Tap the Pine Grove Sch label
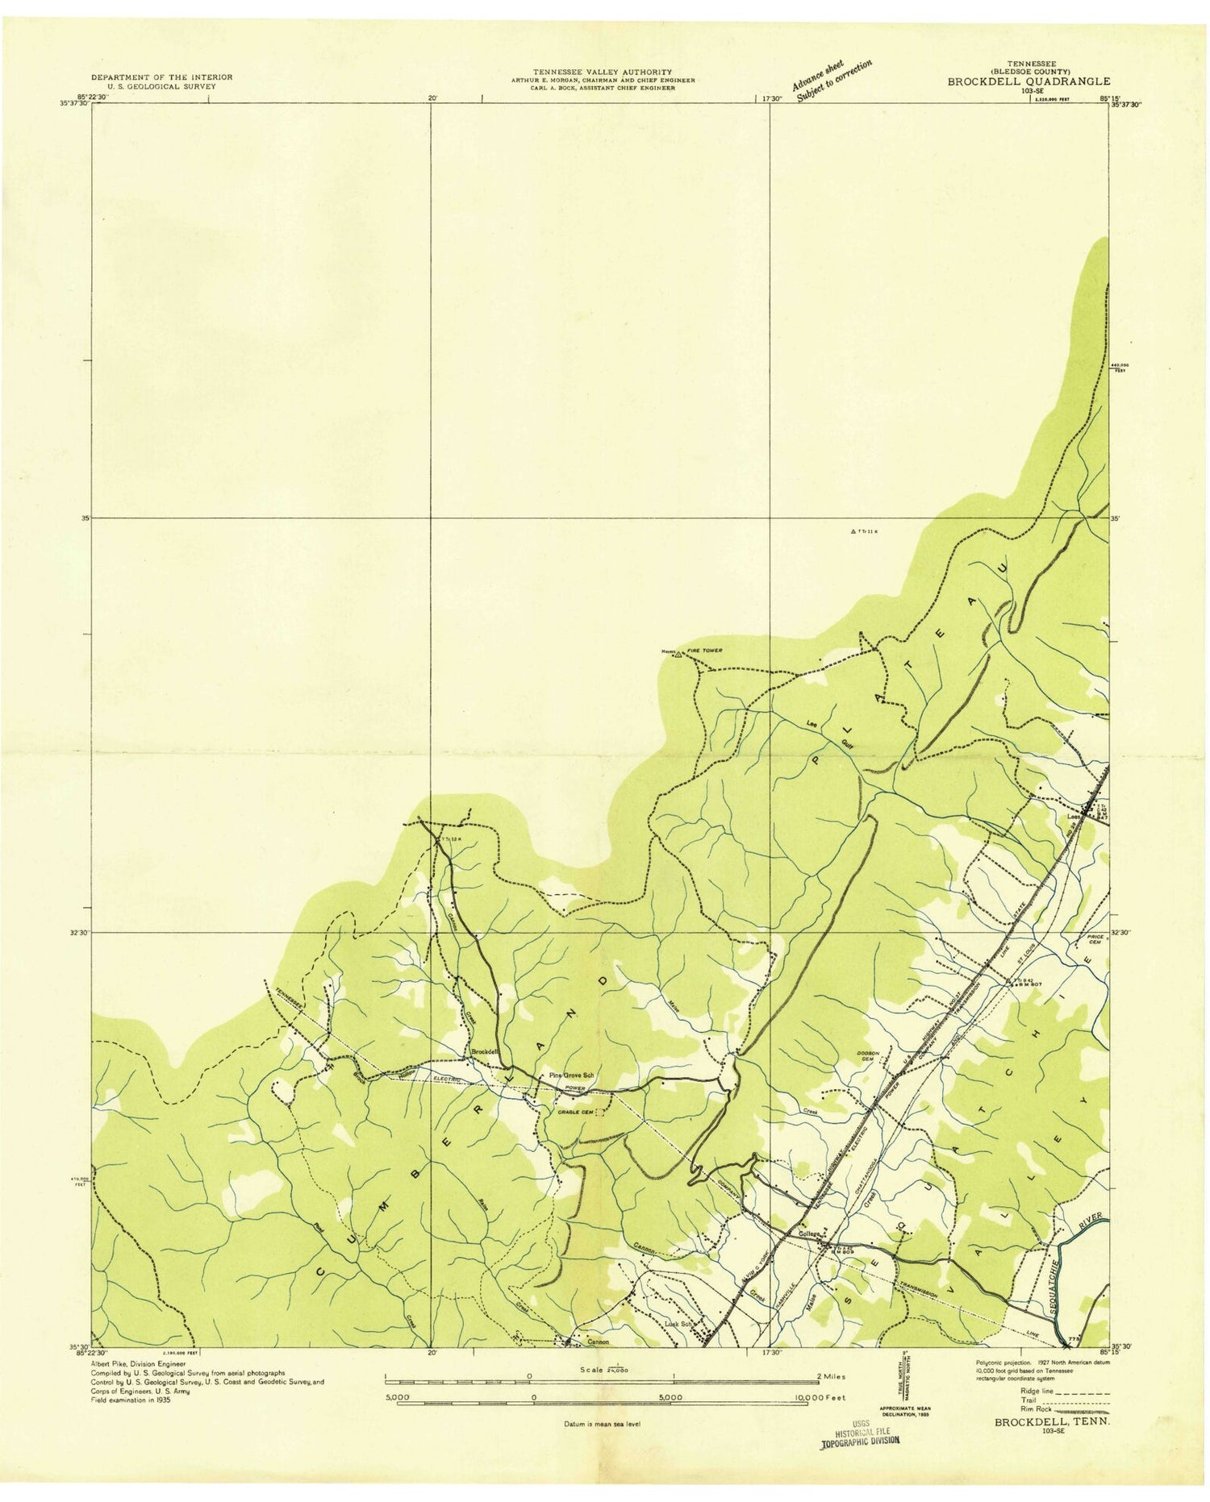(571, 1076)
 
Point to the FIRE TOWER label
(704, 650)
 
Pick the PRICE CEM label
(1095, 939)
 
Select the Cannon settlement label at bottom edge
(598, 1342)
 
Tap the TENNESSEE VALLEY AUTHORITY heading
(602, 72)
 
